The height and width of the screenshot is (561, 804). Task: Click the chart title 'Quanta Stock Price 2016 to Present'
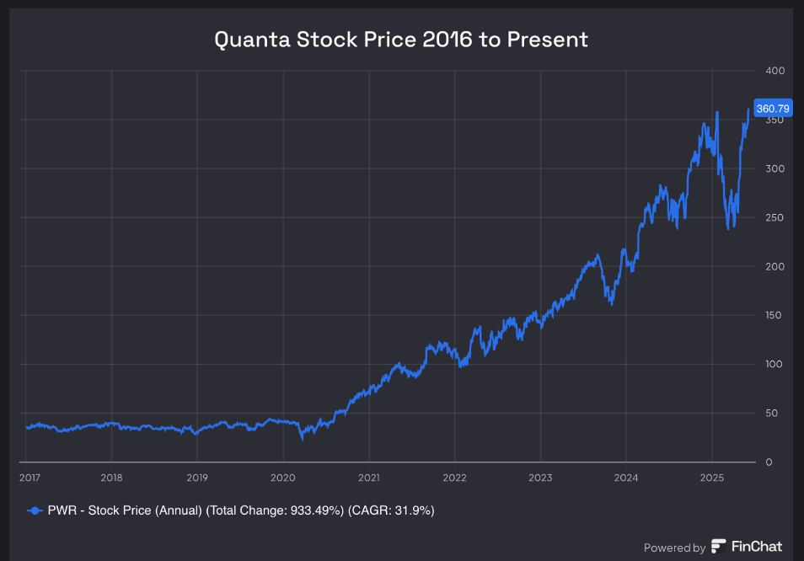[401, 40]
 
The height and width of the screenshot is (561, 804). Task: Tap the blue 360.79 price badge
[772, 109]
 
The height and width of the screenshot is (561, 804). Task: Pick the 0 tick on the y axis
[769, 462]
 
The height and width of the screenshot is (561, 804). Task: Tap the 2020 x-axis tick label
[282, 477]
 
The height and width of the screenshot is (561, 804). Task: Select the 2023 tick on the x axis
[540, 477]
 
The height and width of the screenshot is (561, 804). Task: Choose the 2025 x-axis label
[712, 477]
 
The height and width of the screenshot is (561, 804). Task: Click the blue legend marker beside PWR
[35, 510]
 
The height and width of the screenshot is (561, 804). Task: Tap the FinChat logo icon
[719, 547]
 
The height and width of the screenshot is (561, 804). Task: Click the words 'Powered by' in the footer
[674, 548]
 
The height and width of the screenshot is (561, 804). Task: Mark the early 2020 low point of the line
[302, 438]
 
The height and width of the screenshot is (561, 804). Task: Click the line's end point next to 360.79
[748, 110]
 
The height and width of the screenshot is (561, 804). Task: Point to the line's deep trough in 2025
[728, 228]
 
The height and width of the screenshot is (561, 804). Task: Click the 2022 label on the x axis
[454, 477]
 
